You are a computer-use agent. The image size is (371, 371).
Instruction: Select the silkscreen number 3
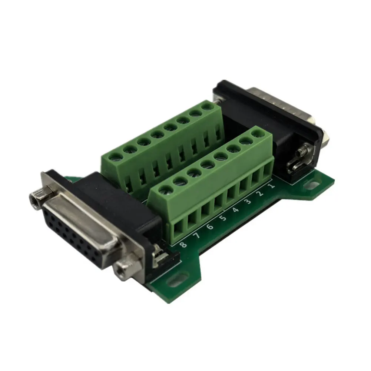(x=247, y=202)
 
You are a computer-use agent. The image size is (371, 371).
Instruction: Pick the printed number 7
(x=197, y=236)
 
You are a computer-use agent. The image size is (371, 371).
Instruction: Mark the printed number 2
(x=260, y=193)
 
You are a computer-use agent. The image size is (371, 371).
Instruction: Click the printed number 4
(x=235, y=210)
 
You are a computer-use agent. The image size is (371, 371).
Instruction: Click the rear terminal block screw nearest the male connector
(x=208, y=107)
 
